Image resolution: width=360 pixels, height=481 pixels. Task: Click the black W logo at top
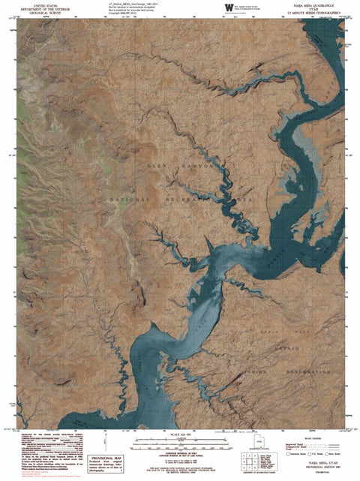tap(228, 8)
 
